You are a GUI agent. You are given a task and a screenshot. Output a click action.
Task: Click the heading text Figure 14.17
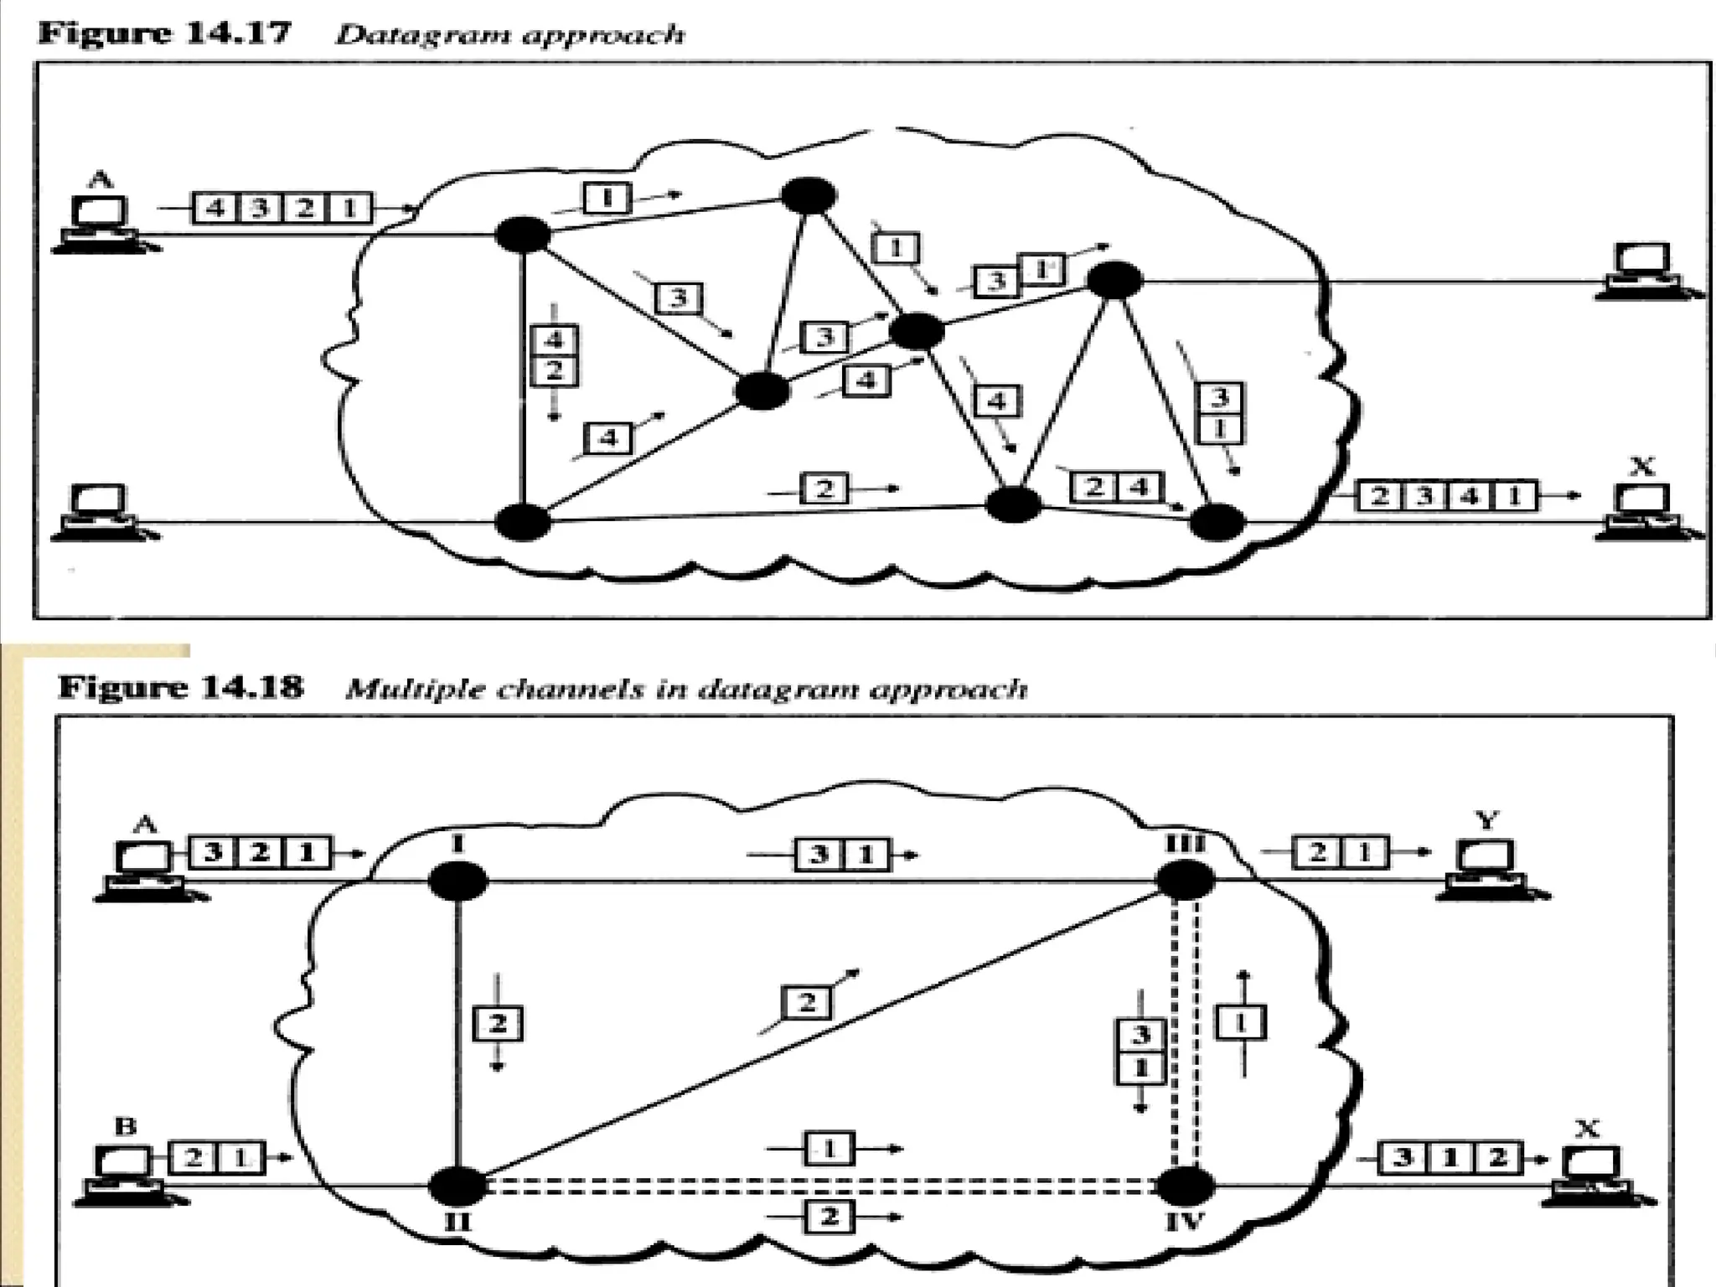(x=164, y=34)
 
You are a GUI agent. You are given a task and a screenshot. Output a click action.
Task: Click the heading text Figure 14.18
(x=180, y=687)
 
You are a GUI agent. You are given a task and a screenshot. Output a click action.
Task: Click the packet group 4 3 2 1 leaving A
(x=282, y=207)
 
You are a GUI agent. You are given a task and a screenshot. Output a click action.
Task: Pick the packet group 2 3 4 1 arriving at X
(x=1446, y=496)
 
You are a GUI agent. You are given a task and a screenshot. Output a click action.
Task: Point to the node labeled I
(x=457, y=881)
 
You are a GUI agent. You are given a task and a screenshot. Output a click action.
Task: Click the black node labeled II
(x=457, y=1186)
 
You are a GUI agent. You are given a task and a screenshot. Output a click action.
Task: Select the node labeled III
(x=1184, y=880)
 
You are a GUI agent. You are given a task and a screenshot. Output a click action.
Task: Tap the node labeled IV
(x=1184, y=1186)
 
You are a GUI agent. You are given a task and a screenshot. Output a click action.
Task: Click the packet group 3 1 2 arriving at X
(x=1450, y=1158)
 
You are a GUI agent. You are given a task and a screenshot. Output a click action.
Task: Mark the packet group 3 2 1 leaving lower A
(x=261, y=853)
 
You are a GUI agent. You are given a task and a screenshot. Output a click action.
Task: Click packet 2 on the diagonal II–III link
(x=806, y=1002)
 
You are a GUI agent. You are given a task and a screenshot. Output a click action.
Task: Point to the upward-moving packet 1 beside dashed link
(x=1240, y=1022)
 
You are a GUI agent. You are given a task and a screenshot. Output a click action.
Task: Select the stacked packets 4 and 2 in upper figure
(x=554, y=355)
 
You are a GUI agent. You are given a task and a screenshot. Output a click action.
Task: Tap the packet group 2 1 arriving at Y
(x=1340, y=852)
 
